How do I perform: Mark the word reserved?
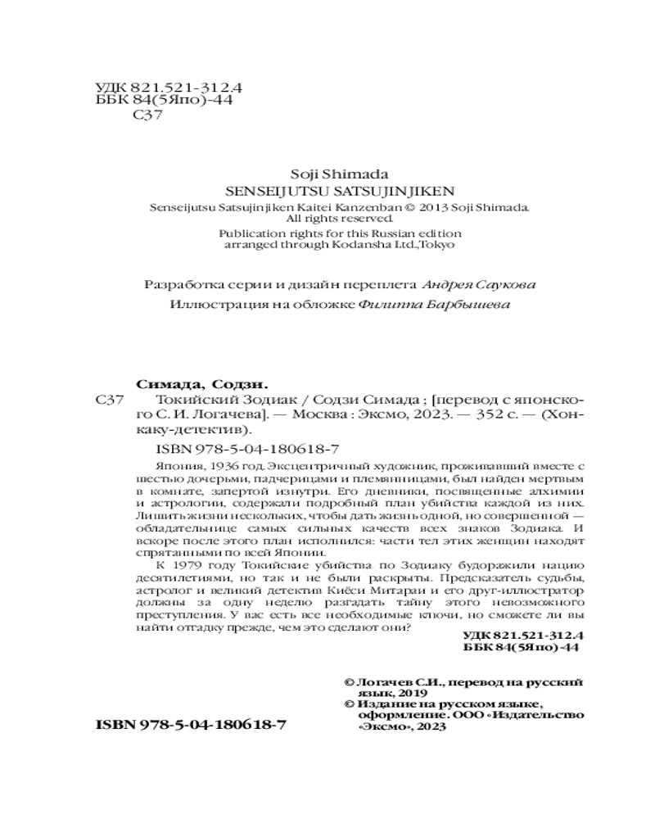368,219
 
